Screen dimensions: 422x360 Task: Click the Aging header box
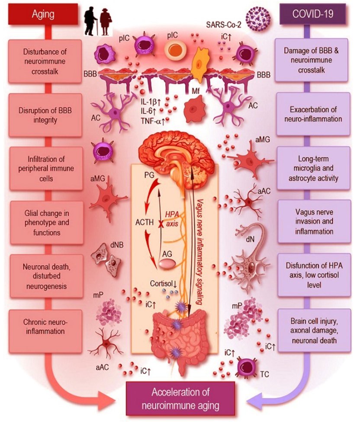(x=43, y=14)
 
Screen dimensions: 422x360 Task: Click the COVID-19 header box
(x=312, y=14)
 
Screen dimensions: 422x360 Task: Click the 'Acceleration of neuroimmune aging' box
(x=180, y=398)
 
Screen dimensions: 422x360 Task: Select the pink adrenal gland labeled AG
(x=169, y=263)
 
